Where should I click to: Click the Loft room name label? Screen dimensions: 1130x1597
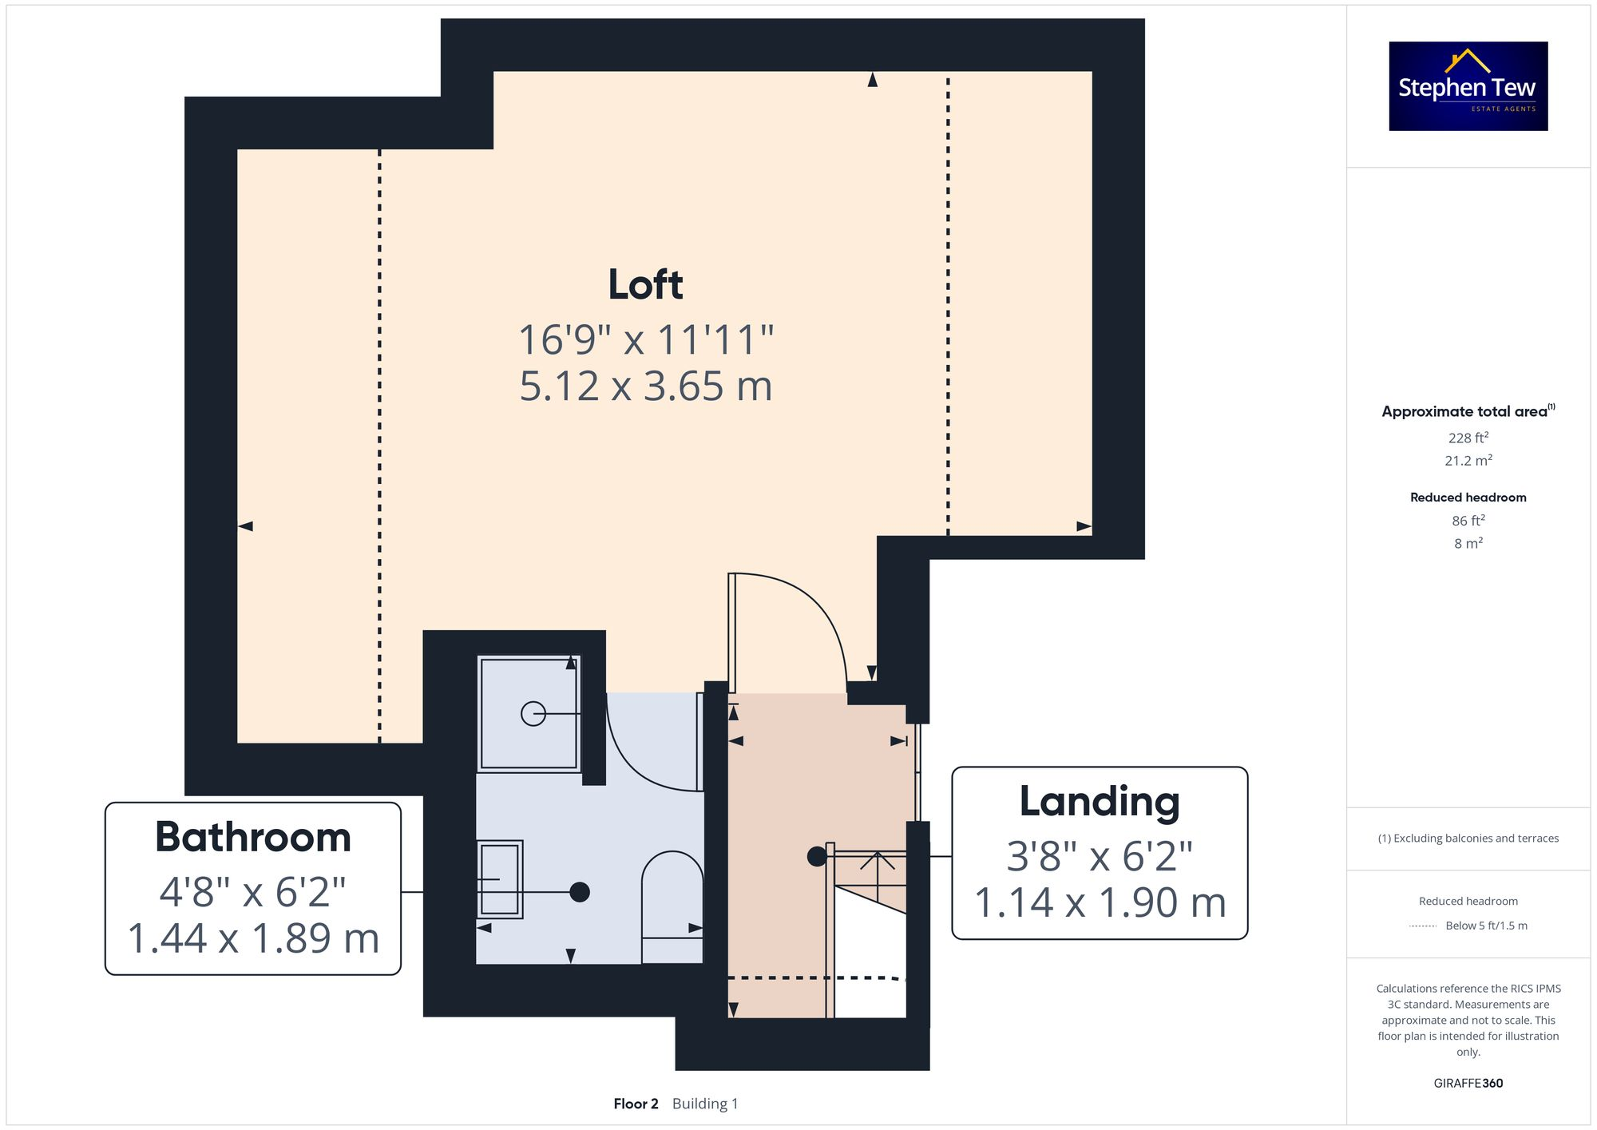tap(645, 284)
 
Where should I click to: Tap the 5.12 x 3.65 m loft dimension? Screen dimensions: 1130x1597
tap(645, 387)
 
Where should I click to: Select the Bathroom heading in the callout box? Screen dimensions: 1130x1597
tap(253, 837)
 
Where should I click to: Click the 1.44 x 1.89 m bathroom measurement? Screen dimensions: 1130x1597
tap(253, 938)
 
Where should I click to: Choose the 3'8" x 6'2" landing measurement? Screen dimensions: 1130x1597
tap(1100, 857)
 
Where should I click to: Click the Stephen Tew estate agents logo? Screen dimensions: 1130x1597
tap(1468, 86)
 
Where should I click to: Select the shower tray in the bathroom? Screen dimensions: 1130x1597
tap(529, 713)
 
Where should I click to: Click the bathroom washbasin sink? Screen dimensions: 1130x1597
tap(500, 879)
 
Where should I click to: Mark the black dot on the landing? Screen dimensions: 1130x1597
tap(817, 857)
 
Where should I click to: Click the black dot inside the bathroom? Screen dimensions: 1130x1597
tap(580, 892)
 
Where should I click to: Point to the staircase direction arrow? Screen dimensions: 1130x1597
tap(877, 862)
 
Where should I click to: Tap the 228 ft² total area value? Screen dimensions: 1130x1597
tap(1468, 438)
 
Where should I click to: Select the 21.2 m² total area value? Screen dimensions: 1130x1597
tap(1468, 461)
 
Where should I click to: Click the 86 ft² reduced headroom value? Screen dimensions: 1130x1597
tap(1468, 521)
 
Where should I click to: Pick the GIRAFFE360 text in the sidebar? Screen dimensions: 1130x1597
tap(1468, 1084)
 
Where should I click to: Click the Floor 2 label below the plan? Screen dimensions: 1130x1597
tap(636, 1104)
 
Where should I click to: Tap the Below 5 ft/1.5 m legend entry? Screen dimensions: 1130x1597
tap(1485, 926)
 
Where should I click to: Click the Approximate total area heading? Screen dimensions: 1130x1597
tap(1465, 411)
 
